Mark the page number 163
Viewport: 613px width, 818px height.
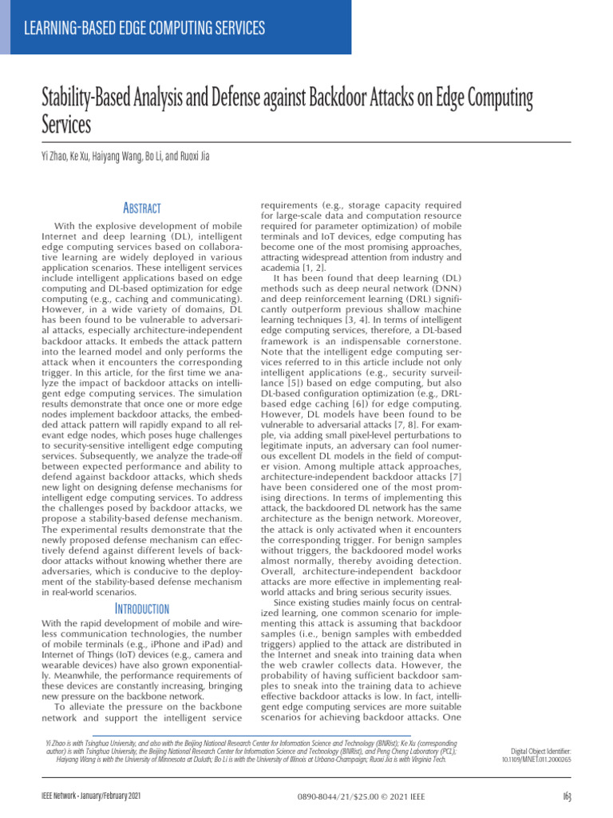pyautogui.click(x=565, y=796)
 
